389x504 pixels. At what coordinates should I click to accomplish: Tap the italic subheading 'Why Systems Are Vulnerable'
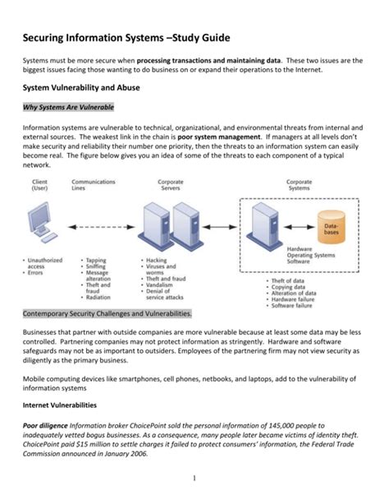pyautogui.click(x=68, y=109)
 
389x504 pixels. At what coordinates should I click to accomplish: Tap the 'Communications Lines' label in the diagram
pyautogui.click(x=94, y=185)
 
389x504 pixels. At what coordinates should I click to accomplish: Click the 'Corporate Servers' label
pyautogui.click(x=169, y=185)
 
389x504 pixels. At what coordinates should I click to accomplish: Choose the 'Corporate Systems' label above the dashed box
pyautogui.click(x=298, y=185)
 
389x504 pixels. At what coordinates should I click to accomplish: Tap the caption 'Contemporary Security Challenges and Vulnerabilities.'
pyautogui.click(x=108, y=313)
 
